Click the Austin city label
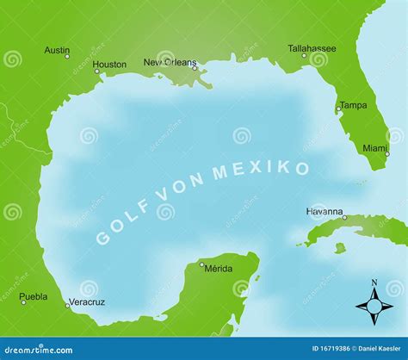[58, 50]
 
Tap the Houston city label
[109, 64]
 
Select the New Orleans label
[170, 62]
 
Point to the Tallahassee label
[312, 48]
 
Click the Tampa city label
[353, 105]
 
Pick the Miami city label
[374, 148]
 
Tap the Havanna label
[325, 211]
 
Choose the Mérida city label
[218, 268]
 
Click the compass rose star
[374, 305]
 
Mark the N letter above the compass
[374, 282]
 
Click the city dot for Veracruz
[67, 305]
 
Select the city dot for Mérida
[202, 264]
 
